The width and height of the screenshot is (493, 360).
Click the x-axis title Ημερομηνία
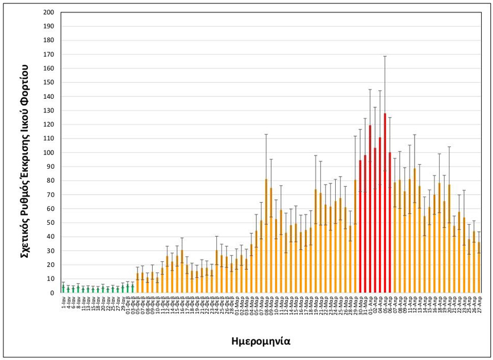coord(261,342)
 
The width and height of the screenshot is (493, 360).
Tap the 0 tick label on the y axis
coord(52,293)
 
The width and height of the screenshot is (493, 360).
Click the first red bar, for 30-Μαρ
coord(360,227)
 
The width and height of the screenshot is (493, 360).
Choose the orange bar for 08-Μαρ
coord(266,236)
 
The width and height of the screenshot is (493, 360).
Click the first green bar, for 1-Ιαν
coord(63,289)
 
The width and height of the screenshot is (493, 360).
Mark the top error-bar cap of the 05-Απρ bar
coord(385,56)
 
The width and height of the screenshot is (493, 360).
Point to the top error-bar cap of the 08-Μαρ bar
coord(266,135)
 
